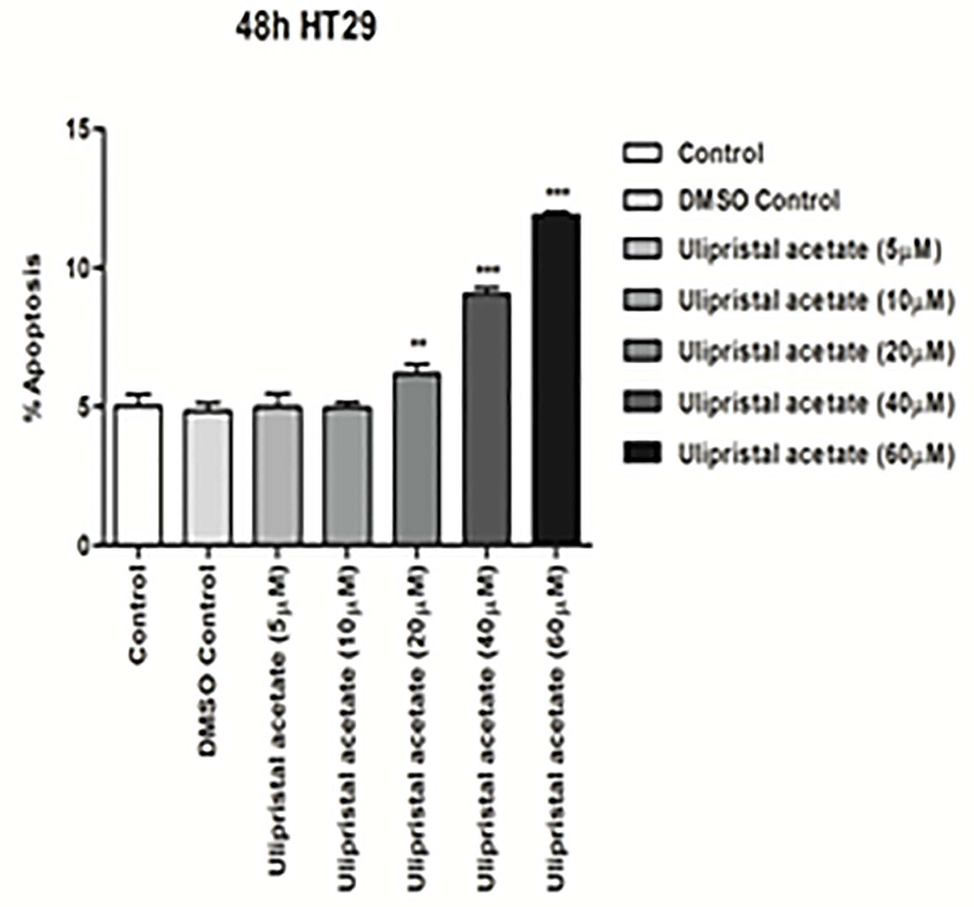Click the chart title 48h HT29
[306, 27]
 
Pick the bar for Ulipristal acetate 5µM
[278, 475]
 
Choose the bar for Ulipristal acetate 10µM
[348, 476]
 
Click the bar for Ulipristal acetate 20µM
[417, 458]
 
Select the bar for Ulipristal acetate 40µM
[487, 418]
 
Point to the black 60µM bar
[557, 379]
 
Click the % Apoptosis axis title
[35, 338]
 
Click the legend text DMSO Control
[759, 200]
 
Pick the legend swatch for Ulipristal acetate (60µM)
[642, 454]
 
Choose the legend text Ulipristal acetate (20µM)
[816, 352]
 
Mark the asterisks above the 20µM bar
[417, 342]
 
